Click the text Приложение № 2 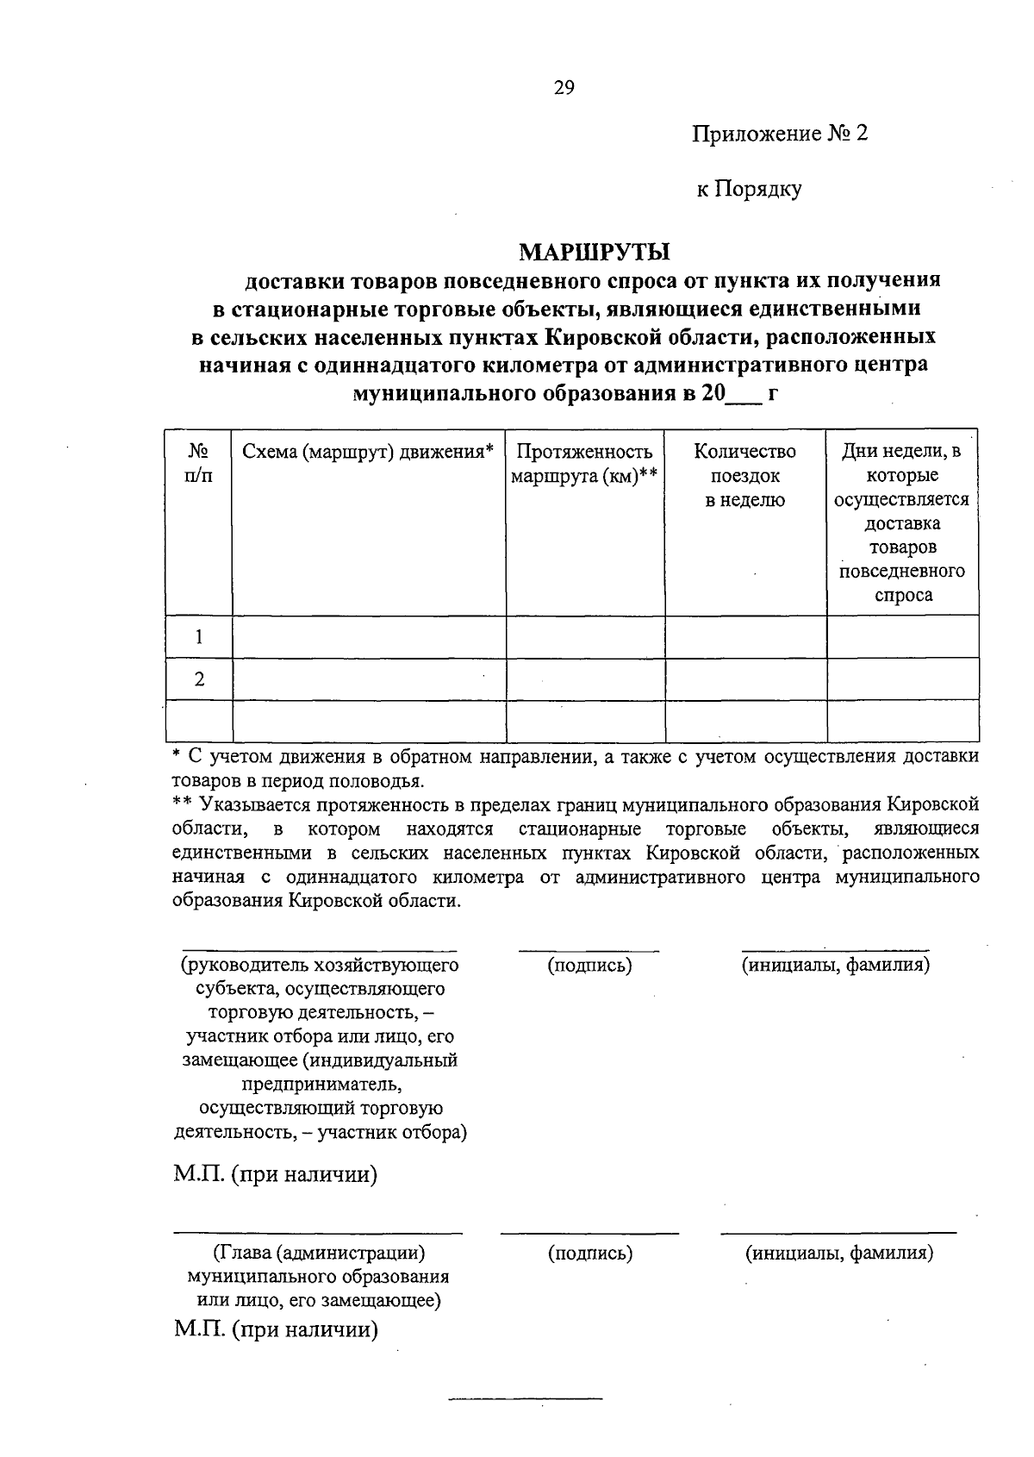pyautogui.click(x=779, y=134)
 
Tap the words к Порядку pyautogui.click(x=749, y=189)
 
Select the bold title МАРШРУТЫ pyautogui.click(x=595, y=253)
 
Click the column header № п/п pyautogui.click(x=199, y=463)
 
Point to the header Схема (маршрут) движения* pyautogui.click(x=368, y=452)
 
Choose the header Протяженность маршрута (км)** pyautogui.click(x=584, y=464)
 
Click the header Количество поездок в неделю pyautogui.click(x=744, y=475)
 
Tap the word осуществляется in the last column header pyautogui.click(x=901, y=500)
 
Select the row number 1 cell pyautogui.click(x=199, y=637)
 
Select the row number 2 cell pyautogui.click(x=199, y=679)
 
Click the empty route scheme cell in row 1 pyautogui.click(x=369, y=637)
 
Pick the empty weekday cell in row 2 pyautogui.click(x=902, y=679)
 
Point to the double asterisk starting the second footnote pyautogui.click(x=181, y=804)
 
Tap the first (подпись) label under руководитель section pyautogui.click(x=589, y=966)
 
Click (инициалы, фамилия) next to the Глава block pyautogui.click(x=839, y=1253)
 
